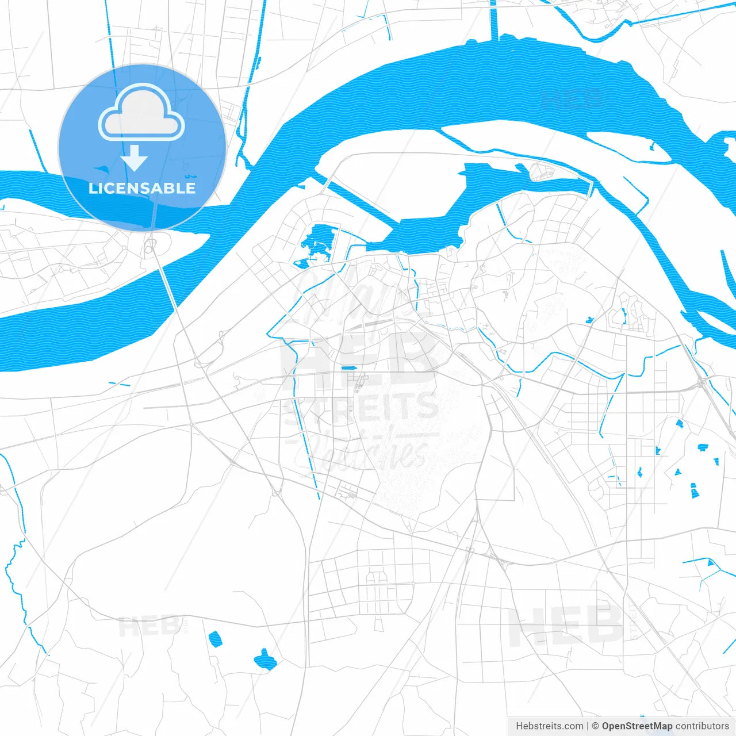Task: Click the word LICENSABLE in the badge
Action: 142,188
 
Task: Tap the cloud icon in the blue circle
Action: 141,113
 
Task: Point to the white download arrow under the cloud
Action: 135,158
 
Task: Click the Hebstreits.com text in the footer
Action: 549,726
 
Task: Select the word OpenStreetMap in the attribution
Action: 637,726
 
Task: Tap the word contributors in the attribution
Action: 702,726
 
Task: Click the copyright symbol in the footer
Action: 595,726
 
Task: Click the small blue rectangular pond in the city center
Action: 347,368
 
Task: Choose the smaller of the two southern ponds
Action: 215,639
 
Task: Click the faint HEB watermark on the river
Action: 572,99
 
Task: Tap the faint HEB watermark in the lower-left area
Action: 148,626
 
